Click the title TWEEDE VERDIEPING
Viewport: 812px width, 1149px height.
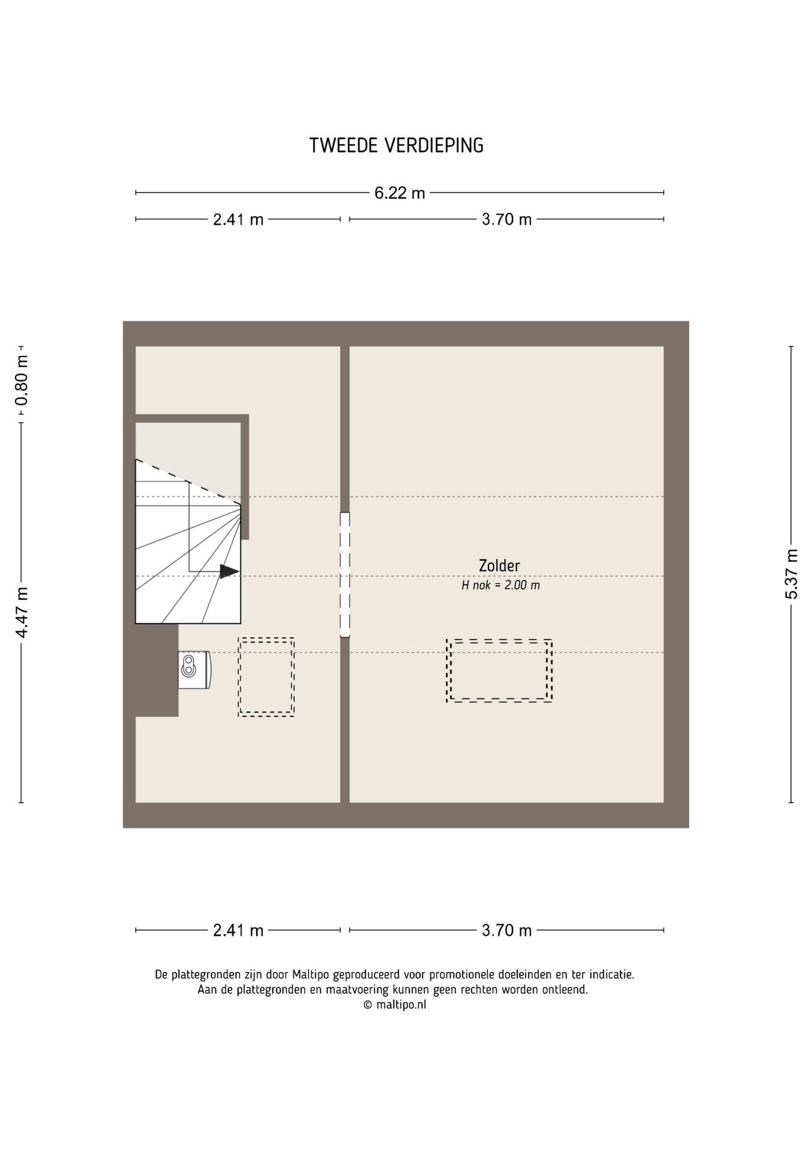coord(396,145)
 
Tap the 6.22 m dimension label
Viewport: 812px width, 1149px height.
coord(399,193)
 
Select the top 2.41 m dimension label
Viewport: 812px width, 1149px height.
coord(238,220)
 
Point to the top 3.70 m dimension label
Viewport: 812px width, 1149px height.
coord(506,220)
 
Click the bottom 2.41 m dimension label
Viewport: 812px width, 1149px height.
coord(238,931)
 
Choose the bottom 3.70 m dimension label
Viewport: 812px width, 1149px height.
coord(506,931)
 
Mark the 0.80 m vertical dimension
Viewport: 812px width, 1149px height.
coord(22,381)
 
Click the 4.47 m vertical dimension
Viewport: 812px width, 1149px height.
coord(22,612)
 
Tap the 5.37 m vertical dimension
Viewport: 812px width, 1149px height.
coord(791,574)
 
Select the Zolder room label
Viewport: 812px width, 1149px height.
coord(499,566)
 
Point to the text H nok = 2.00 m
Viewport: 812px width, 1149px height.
coord(500,585)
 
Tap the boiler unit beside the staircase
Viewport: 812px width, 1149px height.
coord(194,670)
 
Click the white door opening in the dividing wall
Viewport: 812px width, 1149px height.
coord(345,574)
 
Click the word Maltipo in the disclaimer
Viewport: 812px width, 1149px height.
coord(312,975)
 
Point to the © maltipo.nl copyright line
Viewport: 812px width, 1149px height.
coord(395,1005)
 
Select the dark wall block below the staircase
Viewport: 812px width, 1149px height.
coord(157,670)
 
